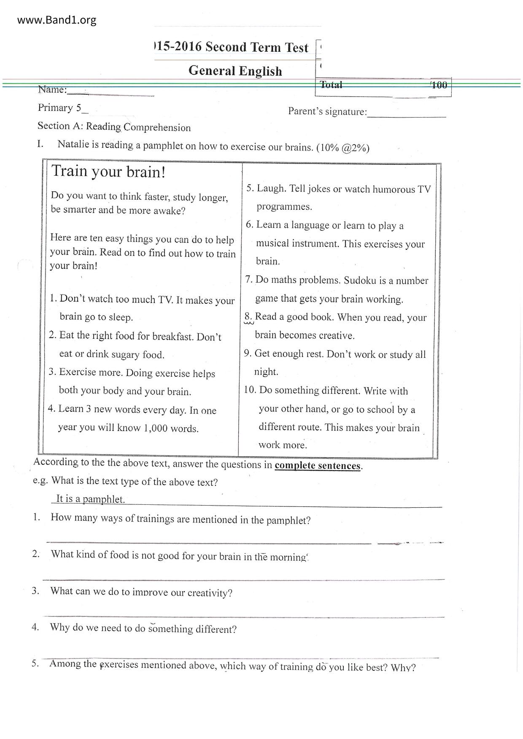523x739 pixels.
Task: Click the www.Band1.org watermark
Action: (x=57, y=20)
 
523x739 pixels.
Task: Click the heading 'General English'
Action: (x=235, y=70)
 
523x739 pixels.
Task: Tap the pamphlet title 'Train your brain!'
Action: (x=108, y=172)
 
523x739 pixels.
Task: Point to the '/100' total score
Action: (x=439, y=85)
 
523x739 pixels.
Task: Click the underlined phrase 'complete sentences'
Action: (x=318, y=466)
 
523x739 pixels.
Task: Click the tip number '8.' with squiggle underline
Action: (x=248, y=317)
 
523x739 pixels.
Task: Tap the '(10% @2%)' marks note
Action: (x=343, y=148)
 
